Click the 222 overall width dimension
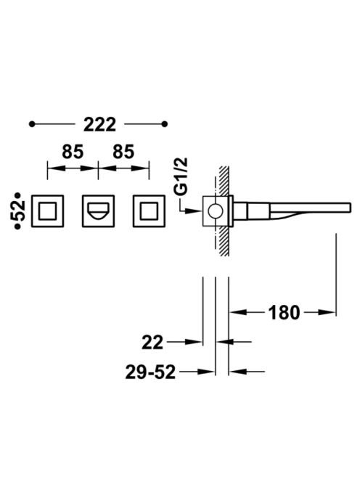tap(100, 124)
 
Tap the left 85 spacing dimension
tap(73, 152)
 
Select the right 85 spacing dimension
tap(123, 152)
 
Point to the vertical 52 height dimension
tap(17, 211)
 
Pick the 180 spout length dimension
tap(284, 312)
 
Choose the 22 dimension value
tap(152, 343)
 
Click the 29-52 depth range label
tap(150, 372)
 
